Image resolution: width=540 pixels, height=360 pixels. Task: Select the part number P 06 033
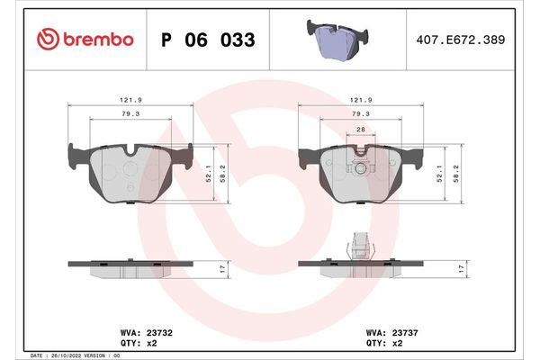tap(208, 40)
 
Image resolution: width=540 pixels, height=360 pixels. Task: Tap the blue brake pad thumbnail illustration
tap(343, 39)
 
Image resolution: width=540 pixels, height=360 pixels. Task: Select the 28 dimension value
tap(360, 131)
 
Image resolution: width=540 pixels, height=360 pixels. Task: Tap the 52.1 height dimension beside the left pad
tap(209, 168)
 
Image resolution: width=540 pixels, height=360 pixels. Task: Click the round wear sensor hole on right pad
tap(360, 167)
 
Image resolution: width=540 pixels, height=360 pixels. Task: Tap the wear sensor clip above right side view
tap(360, 245)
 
